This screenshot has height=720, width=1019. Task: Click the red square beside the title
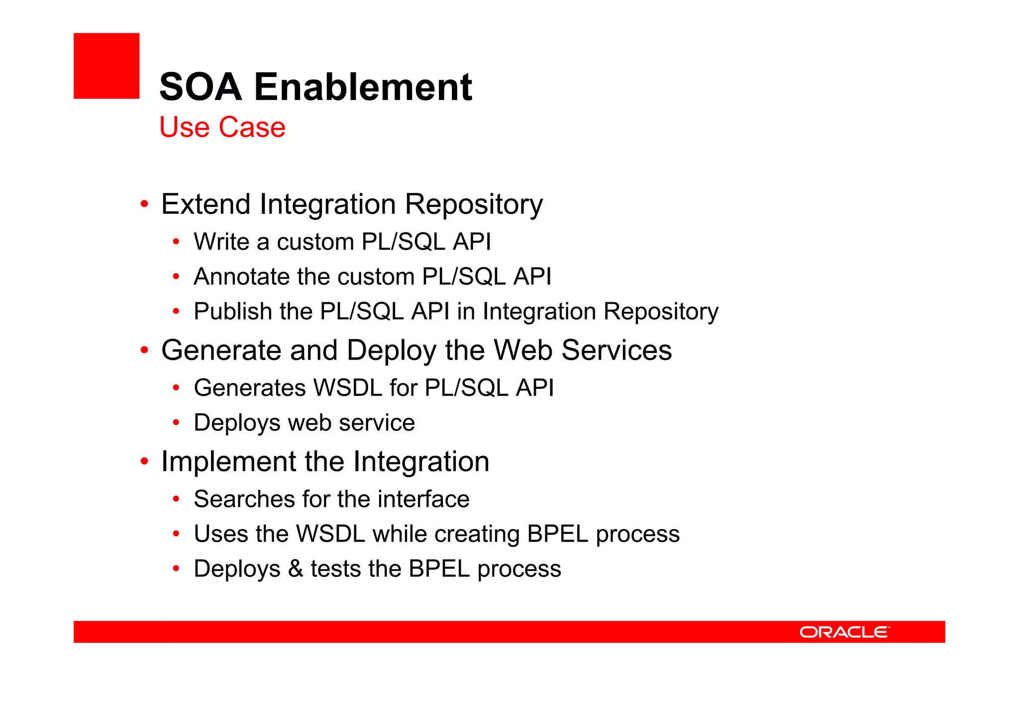point(106,66)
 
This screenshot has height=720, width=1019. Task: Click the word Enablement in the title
point(363,87)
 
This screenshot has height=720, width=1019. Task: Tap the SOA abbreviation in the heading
point(201,87)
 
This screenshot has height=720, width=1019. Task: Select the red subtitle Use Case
point(222,127)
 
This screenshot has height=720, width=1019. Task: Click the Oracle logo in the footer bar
point(844,632)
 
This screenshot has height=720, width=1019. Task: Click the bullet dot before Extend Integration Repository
point(144,204)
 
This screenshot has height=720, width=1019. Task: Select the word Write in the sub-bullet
point(221,242)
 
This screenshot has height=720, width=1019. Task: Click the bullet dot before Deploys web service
point(176,423)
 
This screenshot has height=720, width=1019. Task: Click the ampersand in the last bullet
point(296,569)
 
